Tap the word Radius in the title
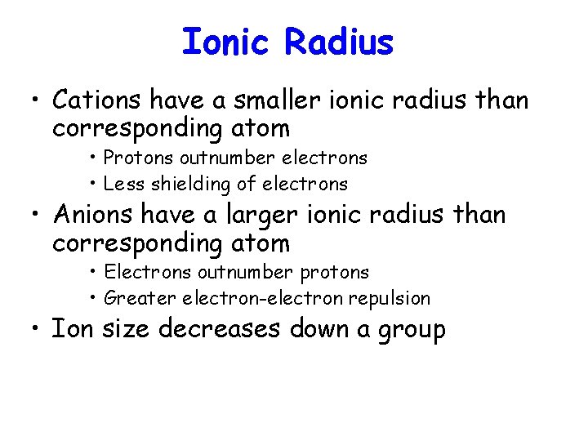point(339,42)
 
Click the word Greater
point(138,299)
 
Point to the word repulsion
point(389,299)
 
